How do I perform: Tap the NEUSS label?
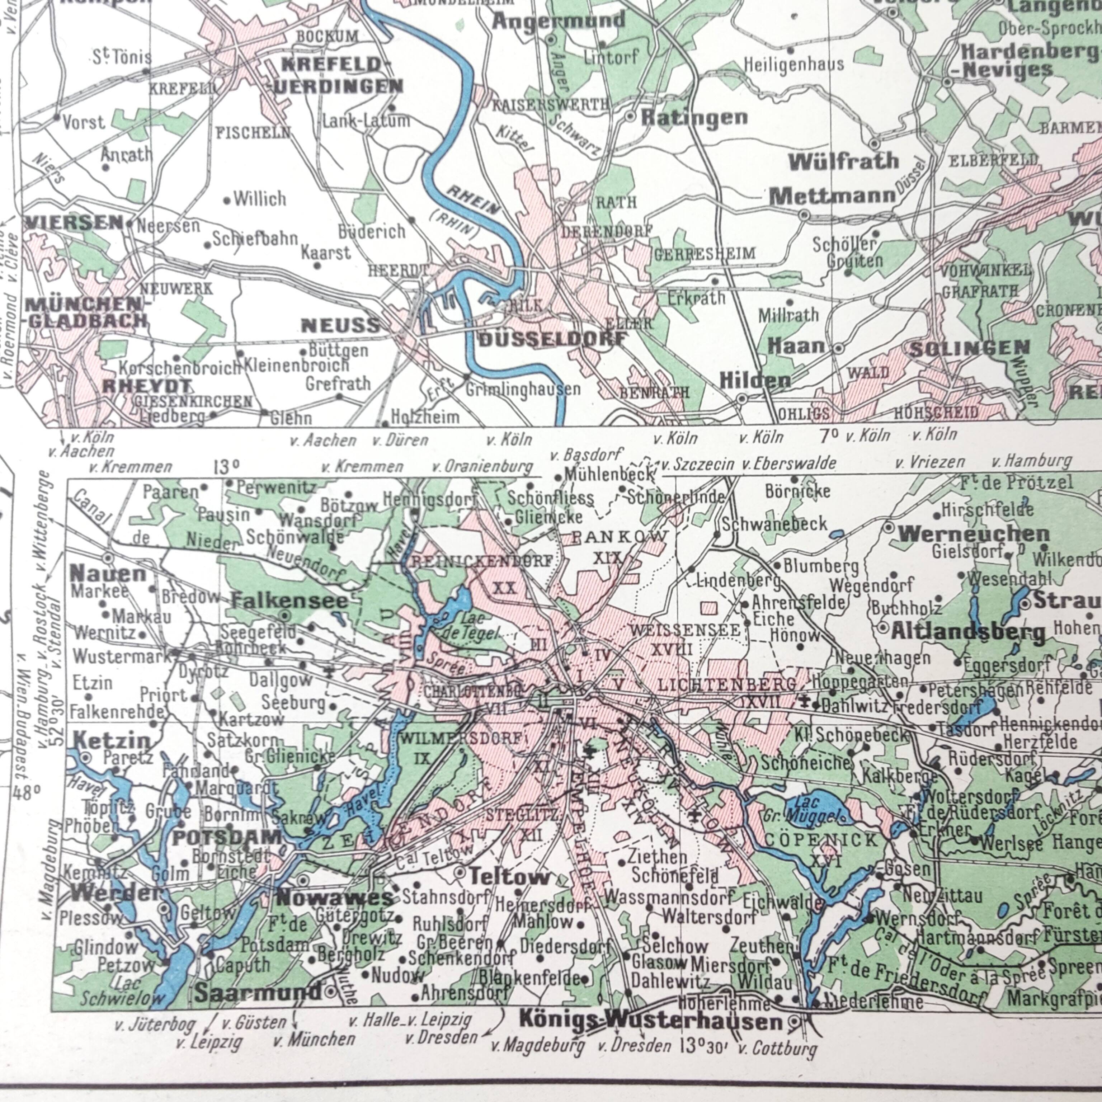pos(340,326)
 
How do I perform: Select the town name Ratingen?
pos(694,118)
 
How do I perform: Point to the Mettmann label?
pos(832,197)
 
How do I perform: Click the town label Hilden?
pos(755,381)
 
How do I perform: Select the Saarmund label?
pos(257,993)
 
